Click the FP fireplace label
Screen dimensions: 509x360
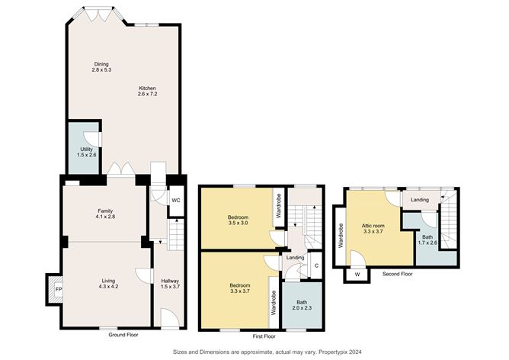click(59, 290)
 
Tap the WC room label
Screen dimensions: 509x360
click(175, 200)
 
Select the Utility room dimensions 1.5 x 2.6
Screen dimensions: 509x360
click(87, 156)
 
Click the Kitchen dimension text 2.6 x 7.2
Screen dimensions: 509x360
click(147, 94)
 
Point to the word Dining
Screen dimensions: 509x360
click(101, 64)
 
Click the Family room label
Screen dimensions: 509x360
click(105, 211)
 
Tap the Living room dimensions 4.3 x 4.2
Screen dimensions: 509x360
click(108, 287)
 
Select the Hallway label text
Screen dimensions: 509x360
click(170, 281)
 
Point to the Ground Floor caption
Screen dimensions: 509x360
click(123, 335)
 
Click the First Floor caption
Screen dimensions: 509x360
click(264, 336)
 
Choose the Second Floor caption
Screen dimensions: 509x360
click(397, 275)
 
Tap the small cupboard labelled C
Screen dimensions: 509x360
click(316, 265)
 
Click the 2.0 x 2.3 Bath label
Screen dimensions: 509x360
click(302, 305)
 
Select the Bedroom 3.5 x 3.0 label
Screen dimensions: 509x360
click(238, 220)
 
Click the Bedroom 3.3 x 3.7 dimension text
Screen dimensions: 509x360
click(240, 291)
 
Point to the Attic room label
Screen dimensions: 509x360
click(373, 226)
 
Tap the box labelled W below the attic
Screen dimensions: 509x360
click(357, 275)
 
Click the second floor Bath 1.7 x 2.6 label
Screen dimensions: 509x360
click(427, 239)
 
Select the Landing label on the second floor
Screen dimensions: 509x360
click(420, 200)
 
